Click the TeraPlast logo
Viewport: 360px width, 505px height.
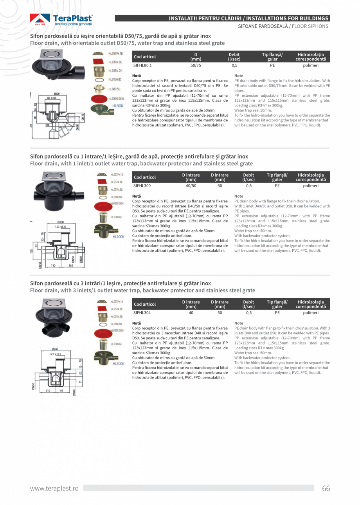click(61, 20)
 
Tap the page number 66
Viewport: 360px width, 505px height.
click(326, 488)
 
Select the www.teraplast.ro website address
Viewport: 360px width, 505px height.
click(54, 488)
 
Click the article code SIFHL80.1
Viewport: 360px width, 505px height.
click(142, 66)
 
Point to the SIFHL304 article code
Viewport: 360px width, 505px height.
click(142, 313)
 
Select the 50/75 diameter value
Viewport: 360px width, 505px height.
click(196, 66)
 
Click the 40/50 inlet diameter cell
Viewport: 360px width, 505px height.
click(191, 186)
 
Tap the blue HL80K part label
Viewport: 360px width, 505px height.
click(118, 106)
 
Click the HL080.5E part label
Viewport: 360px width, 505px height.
click(114, 89)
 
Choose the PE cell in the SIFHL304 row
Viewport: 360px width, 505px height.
click(277, 313)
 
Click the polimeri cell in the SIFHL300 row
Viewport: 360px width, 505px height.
click(311, 186)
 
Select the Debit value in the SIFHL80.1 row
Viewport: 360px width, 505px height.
click(234, 66)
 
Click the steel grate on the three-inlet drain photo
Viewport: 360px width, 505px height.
click(55, 302)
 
